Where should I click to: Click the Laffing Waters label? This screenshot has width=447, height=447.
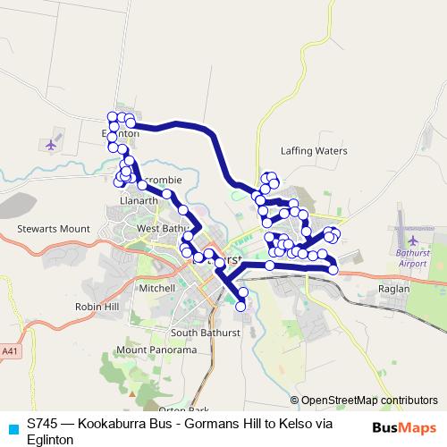313,151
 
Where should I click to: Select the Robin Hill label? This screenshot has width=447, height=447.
97,306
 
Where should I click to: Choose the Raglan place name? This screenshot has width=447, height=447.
393,289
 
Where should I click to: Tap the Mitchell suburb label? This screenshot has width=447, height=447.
157,289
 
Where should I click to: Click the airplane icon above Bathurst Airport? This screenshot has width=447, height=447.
412,240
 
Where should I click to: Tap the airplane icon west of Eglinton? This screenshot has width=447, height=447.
50,143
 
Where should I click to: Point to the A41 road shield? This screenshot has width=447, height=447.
9,328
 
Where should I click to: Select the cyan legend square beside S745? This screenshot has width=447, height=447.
12,428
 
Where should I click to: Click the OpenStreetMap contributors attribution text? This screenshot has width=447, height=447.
369,401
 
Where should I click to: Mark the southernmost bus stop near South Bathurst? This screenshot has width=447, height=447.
240,306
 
